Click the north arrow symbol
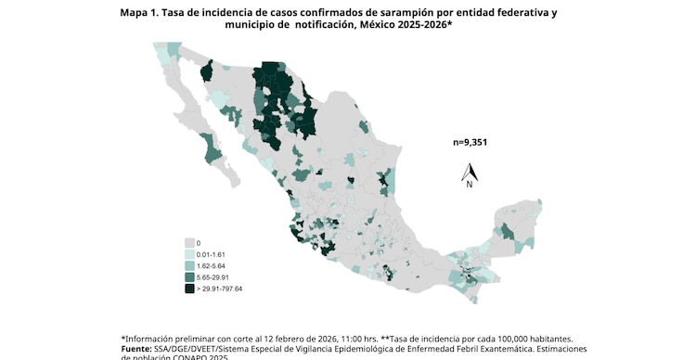[470, 171]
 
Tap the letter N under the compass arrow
[470, 185]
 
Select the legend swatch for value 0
[189, 242]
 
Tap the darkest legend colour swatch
[189, 289]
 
